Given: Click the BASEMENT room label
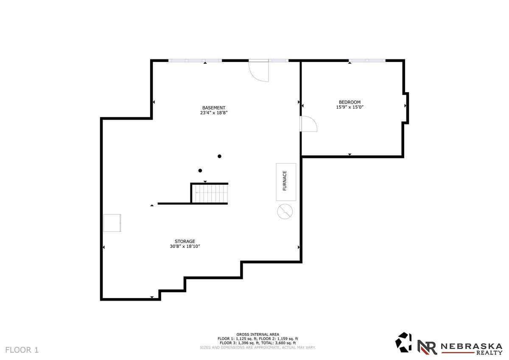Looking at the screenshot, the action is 214,108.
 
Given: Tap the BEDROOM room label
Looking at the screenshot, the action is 350,102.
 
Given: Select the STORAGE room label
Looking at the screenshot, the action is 185,241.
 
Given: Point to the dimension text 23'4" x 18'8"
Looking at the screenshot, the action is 214,113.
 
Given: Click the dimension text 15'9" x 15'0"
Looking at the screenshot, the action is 350,107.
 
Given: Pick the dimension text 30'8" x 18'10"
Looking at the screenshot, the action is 185,246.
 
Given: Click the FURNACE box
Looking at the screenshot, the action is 286,182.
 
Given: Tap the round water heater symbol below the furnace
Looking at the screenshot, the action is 285,211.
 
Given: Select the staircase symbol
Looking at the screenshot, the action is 210,194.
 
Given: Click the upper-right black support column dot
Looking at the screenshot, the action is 219,156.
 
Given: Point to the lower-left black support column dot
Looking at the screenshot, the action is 200,171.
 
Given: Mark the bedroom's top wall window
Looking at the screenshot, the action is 367,60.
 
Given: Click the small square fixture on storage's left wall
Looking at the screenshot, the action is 112,223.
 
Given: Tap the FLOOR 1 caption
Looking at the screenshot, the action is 22,350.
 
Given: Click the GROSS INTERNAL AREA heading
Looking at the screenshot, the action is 258,335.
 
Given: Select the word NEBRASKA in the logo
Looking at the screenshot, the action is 472,346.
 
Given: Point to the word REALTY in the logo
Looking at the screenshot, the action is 489,353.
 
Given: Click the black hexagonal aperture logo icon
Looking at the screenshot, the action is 403,342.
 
